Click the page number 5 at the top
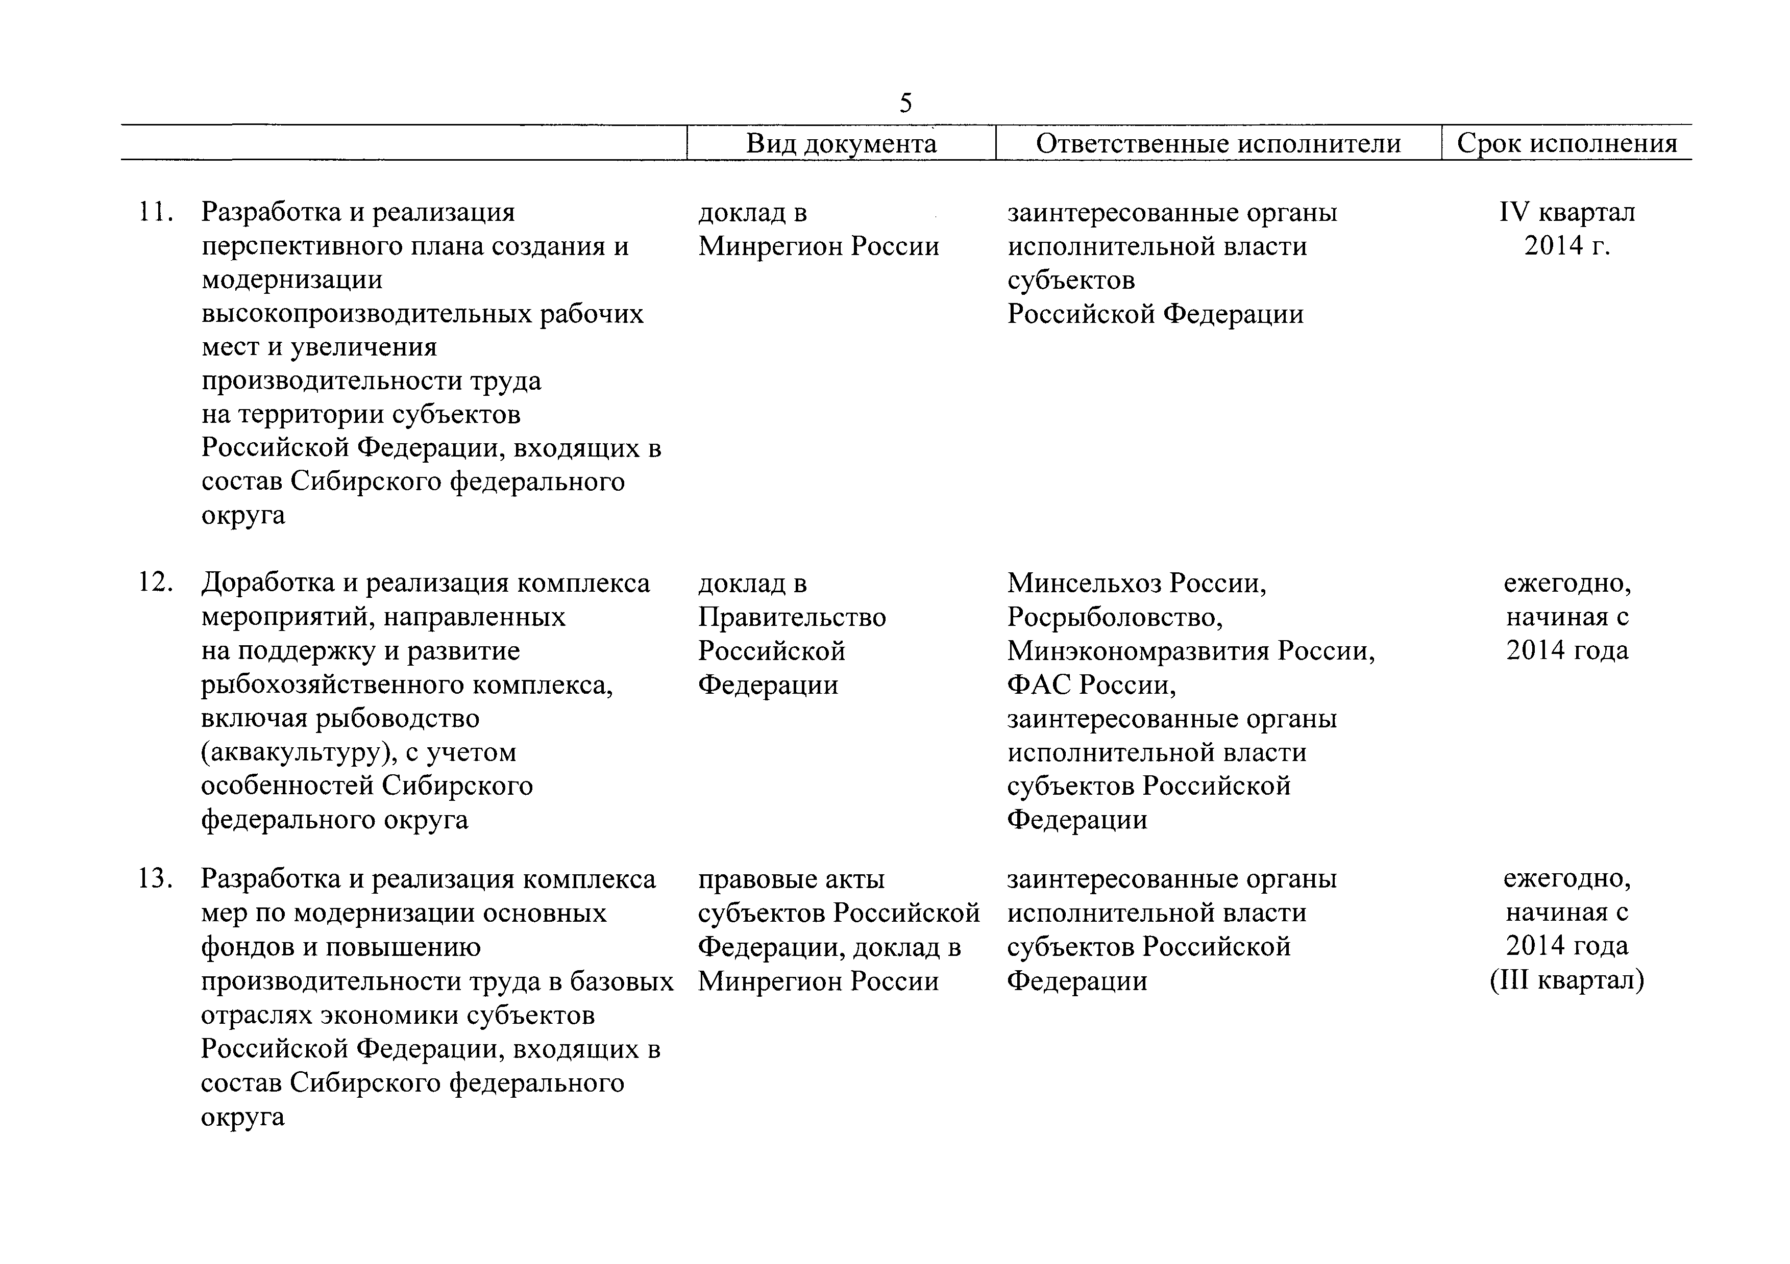(x=905, y=103)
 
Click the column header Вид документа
(x=841, y=143)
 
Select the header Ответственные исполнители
(x=1218, y=143)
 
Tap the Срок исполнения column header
(x=1567, y=143)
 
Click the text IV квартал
(x=1567, y=212)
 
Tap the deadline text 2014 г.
(x=1567, y=246)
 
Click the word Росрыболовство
(x=1114, y=617)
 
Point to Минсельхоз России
(x=1136, y=583)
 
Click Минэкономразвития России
(x=1190, y=651)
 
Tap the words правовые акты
(x=791, y=879)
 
